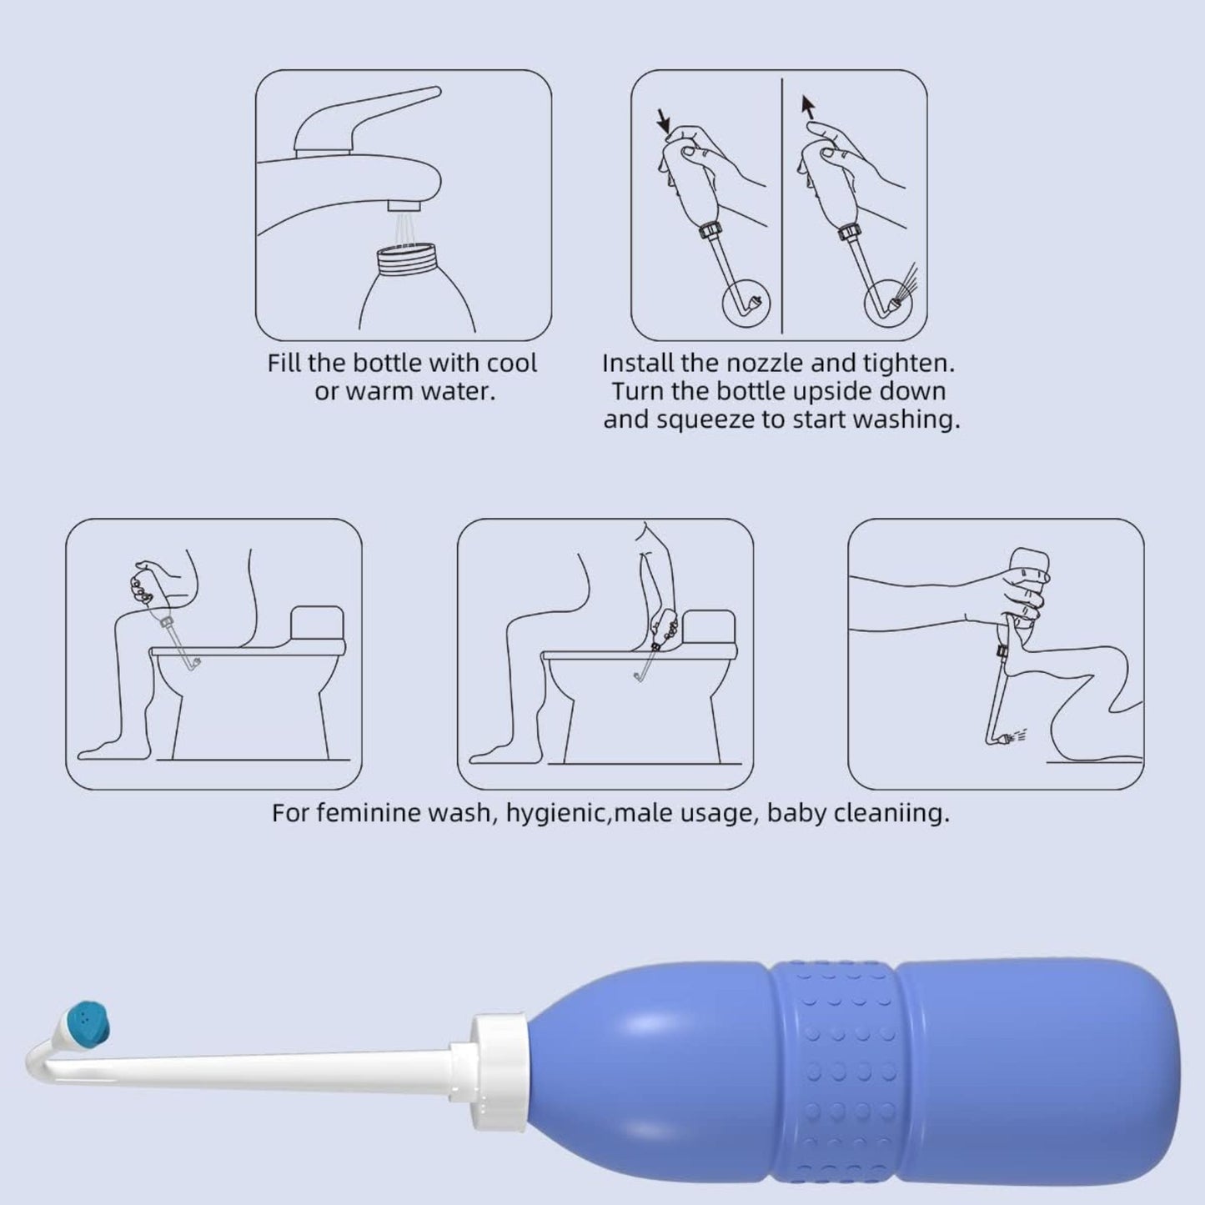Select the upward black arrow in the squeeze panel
[807, 106]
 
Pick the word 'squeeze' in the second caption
[705, 419]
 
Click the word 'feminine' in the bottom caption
[368, 812]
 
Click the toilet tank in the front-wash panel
[317, 625]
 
